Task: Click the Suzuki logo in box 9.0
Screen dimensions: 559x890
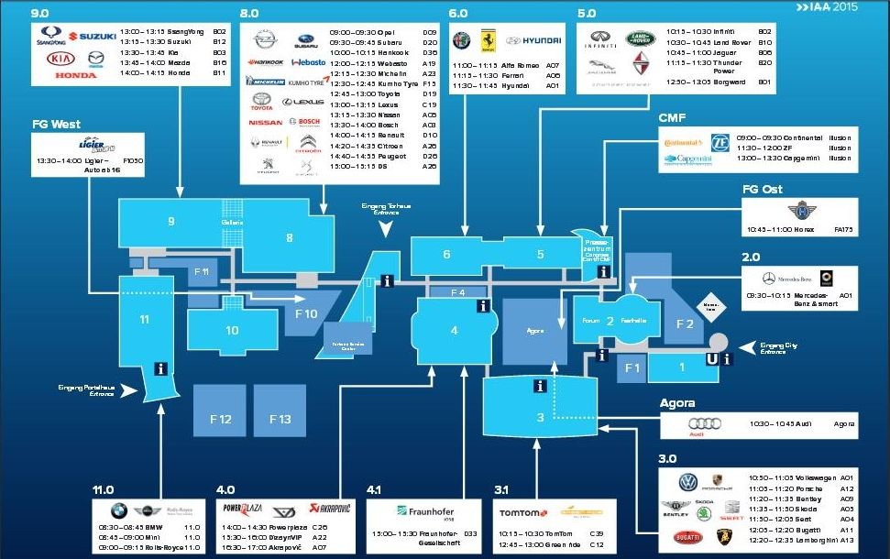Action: [92, 36]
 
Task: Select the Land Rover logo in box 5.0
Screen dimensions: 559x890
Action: [641, 38]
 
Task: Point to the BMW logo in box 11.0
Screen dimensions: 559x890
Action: [118, 511]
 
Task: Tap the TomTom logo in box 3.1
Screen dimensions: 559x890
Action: [523, 512]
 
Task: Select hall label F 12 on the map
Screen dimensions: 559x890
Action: [219, 419]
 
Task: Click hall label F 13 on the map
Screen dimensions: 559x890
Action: [280, 419]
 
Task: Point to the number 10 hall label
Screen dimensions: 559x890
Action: [232, 330]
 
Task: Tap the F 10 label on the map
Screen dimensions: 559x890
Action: [305, 314]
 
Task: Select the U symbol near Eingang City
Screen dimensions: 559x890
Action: [711, 359]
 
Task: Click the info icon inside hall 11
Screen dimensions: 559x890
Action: [161, 368]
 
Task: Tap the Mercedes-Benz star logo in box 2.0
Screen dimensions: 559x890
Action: [768, 279]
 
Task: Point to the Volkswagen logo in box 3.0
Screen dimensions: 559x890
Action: [687, 482]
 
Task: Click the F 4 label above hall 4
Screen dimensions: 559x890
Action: [456, 292]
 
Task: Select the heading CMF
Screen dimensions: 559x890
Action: [671, 117]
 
